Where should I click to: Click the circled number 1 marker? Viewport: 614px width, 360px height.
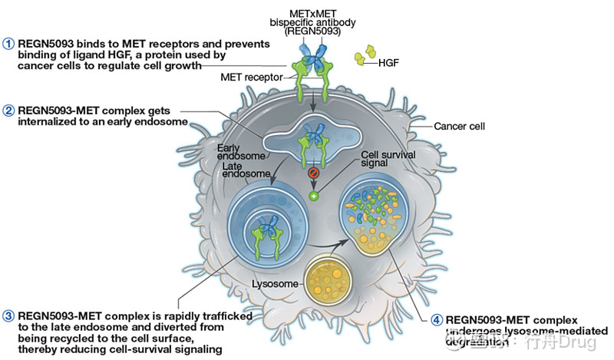tap(9, 44)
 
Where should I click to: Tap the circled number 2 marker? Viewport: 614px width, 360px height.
tap(9, 110)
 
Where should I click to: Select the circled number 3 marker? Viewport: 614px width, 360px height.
tap(9, 314)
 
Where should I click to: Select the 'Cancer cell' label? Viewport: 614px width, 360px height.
tap(457, 126)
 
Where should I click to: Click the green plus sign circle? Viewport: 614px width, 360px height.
tap(313, 197)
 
